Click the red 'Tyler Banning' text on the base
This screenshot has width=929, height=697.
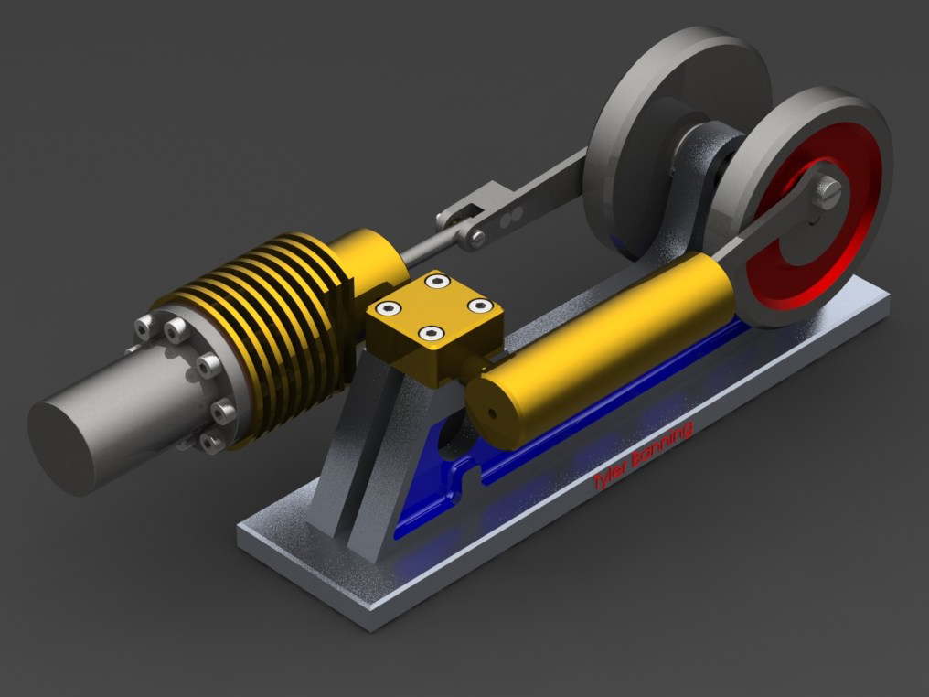coord(643,456)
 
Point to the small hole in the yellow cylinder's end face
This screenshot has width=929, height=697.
coord(491,412)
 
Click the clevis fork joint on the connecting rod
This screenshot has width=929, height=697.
coord(463,220)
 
